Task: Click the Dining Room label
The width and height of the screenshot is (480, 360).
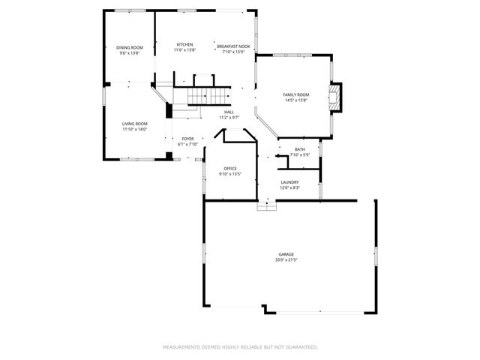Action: (130, 48)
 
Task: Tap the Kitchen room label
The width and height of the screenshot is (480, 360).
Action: (184, 45)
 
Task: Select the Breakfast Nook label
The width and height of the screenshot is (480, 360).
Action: (232, 46)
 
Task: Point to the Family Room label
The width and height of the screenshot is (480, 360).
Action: (295, 94)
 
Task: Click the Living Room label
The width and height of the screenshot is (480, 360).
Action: (135, 124)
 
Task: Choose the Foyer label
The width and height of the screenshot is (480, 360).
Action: (187, 139)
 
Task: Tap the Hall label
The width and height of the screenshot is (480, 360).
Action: (229, 112)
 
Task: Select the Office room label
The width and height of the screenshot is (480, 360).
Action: (230, 168)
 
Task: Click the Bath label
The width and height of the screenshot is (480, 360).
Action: (300, 149)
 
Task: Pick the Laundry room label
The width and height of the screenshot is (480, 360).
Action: (290, 182)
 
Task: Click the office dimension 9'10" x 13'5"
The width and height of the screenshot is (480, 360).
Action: (230, 174)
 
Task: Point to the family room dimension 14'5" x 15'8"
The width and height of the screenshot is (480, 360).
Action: (295, 100)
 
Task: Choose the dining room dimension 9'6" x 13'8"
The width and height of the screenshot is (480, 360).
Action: (130, 53)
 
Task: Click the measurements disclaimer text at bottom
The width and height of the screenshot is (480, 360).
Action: (240, 347)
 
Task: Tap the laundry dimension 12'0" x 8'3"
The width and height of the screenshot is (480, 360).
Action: (290, 187)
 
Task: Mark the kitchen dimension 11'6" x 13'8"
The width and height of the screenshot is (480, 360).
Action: (184, 50)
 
